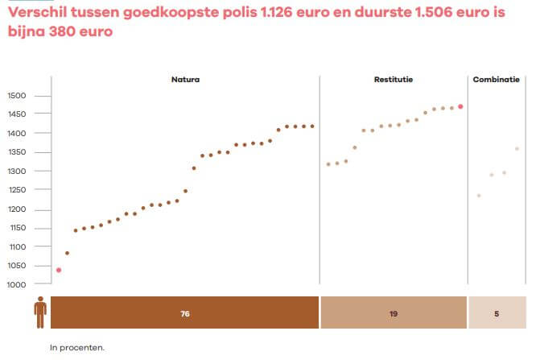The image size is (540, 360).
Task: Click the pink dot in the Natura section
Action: pos(59,270)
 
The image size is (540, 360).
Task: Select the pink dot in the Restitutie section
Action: pos(460,106)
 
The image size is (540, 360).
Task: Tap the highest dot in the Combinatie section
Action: pos(517,149)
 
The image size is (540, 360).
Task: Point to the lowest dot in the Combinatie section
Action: pos(479,196)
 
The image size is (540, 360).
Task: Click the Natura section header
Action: pos(185,80)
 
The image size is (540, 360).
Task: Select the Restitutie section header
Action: pos(394,80)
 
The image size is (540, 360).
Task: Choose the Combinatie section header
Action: pos(497,80)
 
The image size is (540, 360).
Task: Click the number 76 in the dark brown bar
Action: pos(185,313)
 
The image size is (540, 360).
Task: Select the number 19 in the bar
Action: pos(394,313)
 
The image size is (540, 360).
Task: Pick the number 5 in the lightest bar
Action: pos(497,313)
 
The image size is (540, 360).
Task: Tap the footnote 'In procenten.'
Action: pos(77,349)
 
